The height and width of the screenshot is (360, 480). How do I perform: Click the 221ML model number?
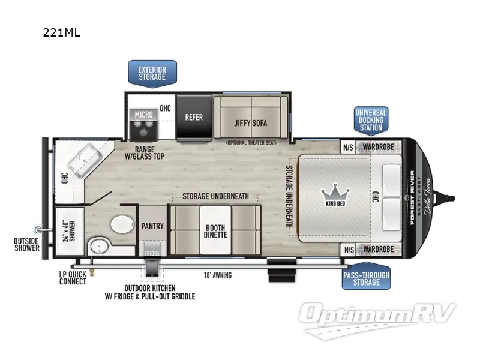point(61,34)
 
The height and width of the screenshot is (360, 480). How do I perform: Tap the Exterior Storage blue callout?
point(152,74)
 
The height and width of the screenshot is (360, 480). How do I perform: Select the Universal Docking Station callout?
point(370,120)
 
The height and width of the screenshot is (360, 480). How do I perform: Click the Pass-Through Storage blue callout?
point(366,278)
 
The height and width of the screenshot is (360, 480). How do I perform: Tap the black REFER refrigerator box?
point(194,117)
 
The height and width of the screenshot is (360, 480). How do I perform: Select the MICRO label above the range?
point(143,114)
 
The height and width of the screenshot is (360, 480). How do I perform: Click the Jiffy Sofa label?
point(250,124)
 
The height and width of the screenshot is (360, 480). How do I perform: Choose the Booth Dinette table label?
point(215,231)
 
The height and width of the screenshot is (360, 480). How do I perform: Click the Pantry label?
point(152,226)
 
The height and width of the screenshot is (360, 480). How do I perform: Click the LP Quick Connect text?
point(73,278)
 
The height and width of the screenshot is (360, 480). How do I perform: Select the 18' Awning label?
point(217,275)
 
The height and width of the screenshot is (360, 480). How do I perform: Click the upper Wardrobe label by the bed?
point(378,146)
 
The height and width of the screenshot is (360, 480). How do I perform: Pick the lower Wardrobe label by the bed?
point(378,249)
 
